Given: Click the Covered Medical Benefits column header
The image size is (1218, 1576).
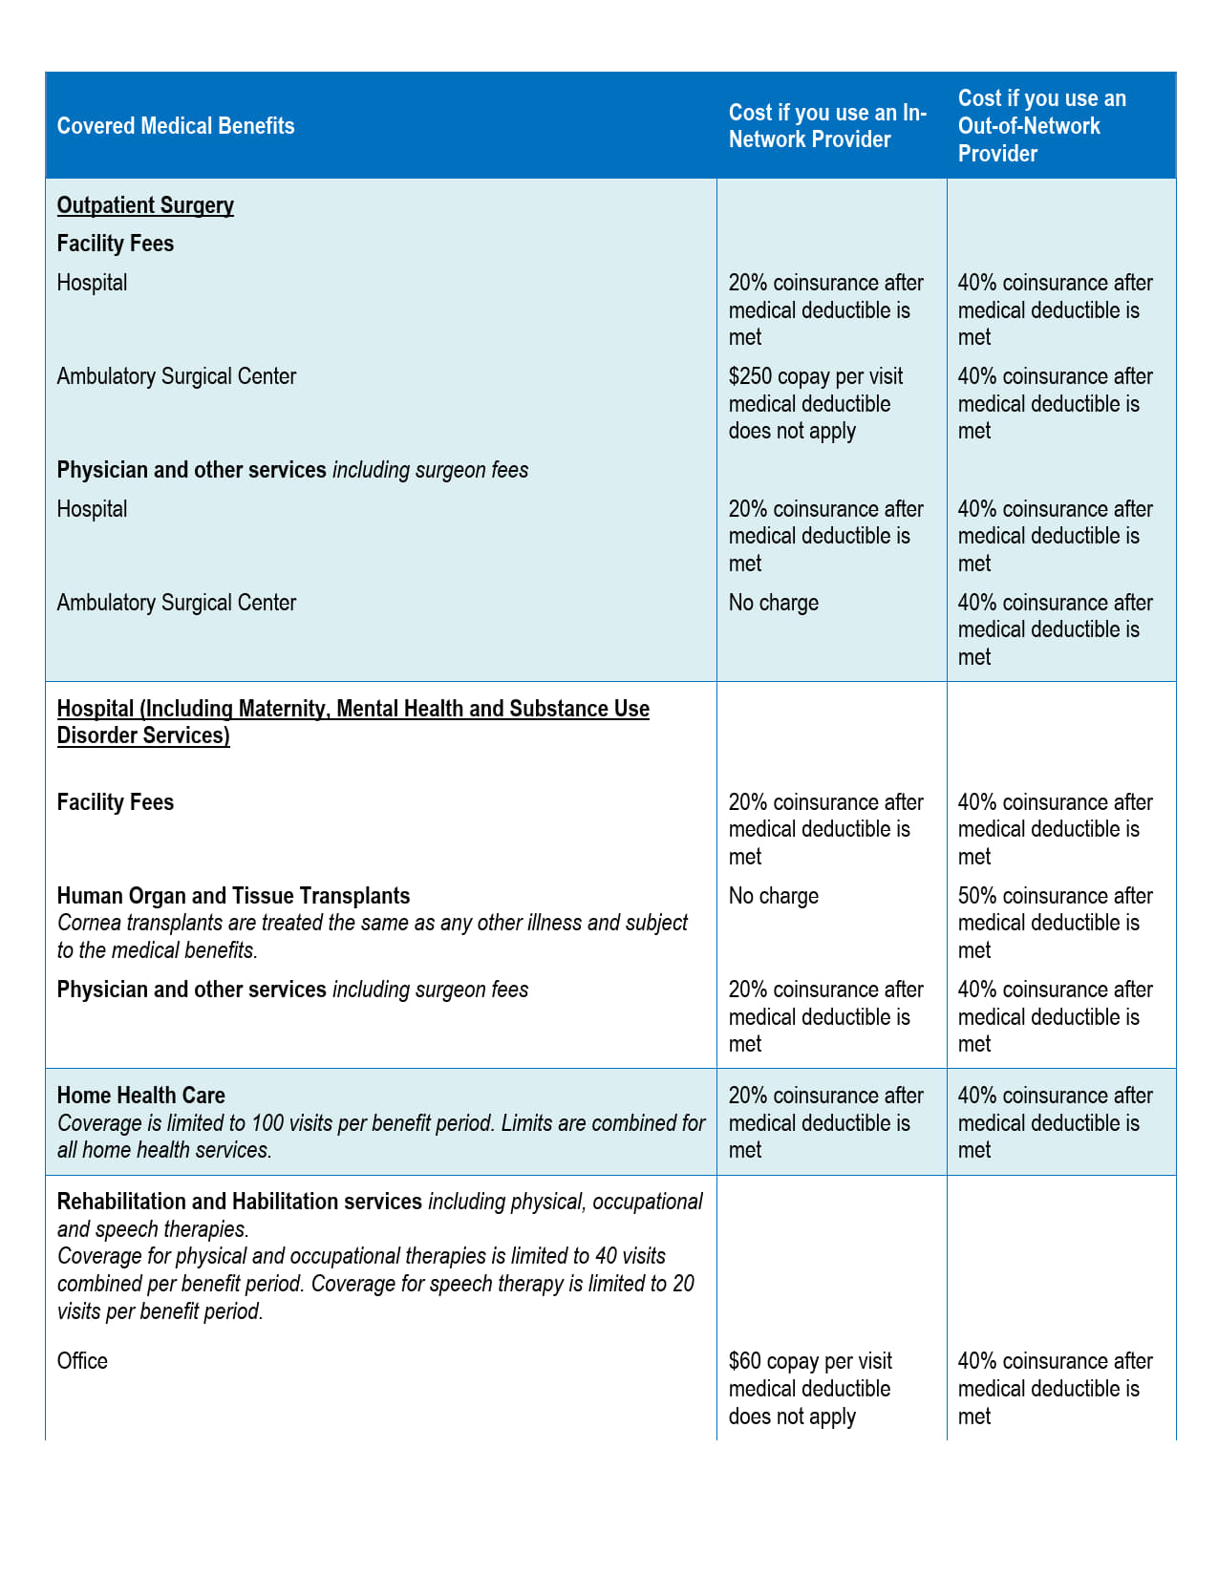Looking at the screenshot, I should click(176, 126).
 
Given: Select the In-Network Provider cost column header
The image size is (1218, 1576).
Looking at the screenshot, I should click(827, 126).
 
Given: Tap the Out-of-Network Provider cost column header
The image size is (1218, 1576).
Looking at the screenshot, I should click(1042, 126).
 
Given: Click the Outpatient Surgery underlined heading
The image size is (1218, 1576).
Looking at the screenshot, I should click(145, 205).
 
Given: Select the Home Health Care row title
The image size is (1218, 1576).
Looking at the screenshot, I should click(141, 1096).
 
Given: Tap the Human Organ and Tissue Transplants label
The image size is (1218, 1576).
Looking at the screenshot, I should click(233, 896).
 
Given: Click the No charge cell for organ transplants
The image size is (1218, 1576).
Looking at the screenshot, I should click(774, 896).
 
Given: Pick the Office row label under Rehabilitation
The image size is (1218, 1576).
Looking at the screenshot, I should click(82, 1361).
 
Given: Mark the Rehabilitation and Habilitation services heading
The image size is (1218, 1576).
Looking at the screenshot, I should click(240, 1202).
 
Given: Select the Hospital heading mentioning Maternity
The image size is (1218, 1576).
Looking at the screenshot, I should click(353, 721).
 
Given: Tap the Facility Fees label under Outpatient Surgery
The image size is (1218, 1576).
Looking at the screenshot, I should click(116, 244).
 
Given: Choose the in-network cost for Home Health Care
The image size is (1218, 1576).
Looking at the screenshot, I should click(825, 1122).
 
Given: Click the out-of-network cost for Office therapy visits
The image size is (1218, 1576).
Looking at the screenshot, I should click(1055, 1388).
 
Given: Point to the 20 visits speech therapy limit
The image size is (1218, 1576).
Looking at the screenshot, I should click(683, 1284).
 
